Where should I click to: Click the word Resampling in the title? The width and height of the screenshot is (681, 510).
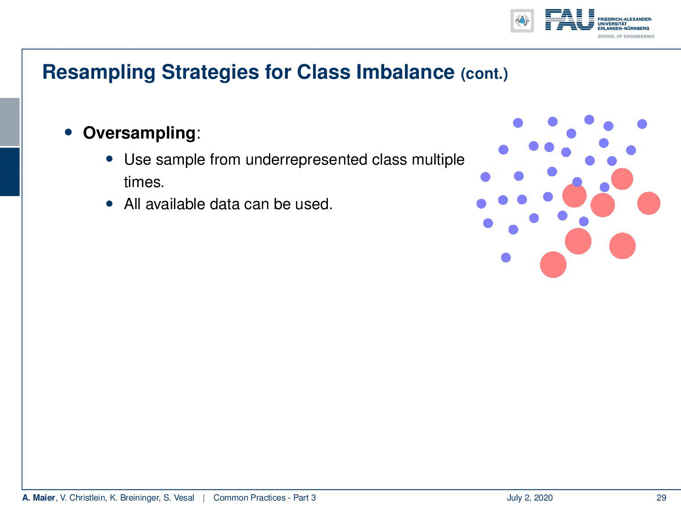coord(99,72)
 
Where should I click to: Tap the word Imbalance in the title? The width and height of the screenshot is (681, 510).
coord(405,72)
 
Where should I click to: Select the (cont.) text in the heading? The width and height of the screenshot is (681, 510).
coord(484,74)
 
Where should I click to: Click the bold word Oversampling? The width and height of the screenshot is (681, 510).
coord(139,133)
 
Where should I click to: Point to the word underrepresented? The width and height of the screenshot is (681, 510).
coord(306,160)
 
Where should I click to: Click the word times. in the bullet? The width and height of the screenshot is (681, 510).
coord(144,182)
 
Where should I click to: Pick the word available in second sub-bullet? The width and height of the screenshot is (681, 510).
coord(175,204)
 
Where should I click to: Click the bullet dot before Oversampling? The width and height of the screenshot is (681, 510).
coord(68,133)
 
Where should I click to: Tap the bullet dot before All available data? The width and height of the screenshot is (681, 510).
coord(109,204)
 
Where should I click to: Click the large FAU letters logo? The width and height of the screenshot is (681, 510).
coord(570,19)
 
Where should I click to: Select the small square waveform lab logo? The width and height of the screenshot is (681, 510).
coord(522,21)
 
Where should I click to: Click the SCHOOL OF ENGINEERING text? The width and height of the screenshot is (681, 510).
coord(626,36)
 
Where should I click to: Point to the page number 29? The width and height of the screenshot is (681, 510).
coord(661,497)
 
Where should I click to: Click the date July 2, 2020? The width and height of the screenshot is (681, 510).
coord(530,498)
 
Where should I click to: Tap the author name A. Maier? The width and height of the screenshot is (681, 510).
coord(39,497)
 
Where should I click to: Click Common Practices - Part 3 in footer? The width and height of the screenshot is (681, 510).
coord(265,497)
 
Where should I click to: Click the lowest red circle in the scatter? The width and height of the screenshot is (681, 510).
coord(553,264)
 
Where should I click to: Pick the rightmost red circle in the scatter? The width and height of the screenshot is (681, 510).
coord(649,203)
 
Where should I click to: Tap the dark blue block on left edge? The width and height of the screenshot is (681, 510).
coord(9,172)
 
